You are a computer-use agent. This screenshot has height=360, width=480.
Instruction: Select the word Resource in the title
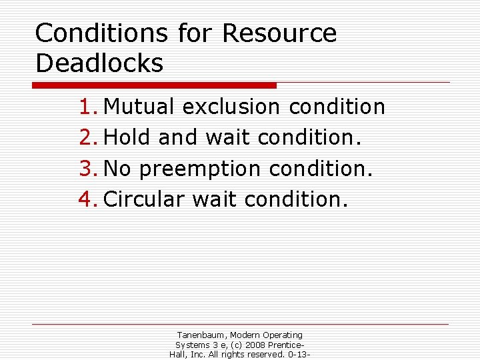click(x=279, y=33)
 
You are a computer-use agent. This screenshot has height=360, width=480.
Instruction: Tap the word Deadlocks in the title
click(x=99, y=63)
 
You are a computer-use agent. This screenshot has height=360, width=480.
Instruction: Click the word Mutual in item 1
click(x=140, y=107)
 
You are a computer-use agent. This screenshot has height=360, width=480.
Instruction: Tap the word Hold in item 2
click(x=128, y=137)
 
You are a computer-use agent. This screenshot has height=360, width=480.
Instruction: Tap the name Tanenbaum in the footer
click(x=201, y=335)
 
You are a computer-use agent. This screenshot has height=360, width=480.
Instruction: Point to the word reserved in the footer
click(x=263, y=355)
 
